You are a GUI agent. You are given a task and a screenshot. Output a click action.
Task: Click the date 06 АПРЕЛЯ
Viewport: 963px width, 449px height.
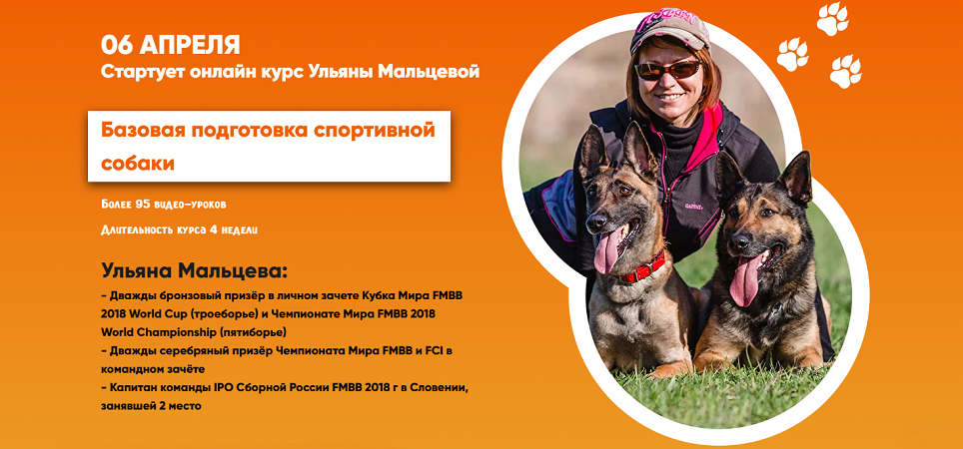(x=171, y=45)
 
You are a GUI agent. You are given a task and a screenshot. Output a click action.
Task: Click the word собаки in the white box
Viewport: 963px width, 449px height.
(x=138, y=164)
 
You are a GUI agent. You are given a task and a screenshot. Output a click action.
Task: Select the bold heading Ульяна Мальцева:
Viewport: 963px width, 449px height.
(x=194, y=270)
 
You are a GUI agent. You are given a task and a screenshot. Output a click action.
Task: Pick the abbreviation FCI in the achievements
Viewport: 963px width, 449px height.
(x=445, y=351)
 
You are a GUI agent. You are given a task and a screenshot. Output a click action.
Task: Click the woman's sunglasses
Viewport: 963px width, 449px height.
(x=667, y=69)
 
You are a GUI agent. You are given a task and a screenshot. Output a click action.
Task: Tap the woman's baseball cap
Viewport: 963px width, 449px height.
(x=669, y=28)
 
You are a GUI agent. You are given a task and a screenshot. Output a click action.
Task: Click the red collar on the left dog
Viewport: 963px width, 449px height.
(x=641, y=268)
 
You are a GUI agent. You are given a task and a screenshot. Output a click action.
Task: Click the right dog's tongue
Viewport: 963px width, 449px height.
(x=745, y=281)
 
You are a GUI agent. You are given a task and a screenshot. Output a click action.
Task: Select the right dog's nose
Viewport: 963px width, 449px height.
(x=739, y=242)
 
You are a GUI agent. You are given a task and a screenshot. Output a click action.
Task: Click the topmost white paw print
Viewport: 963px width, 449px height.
(x=832, y=18)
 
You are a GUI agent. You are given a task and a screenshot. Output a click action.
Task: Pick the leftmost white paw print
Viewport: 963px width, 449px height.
(x=792, y=55)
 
